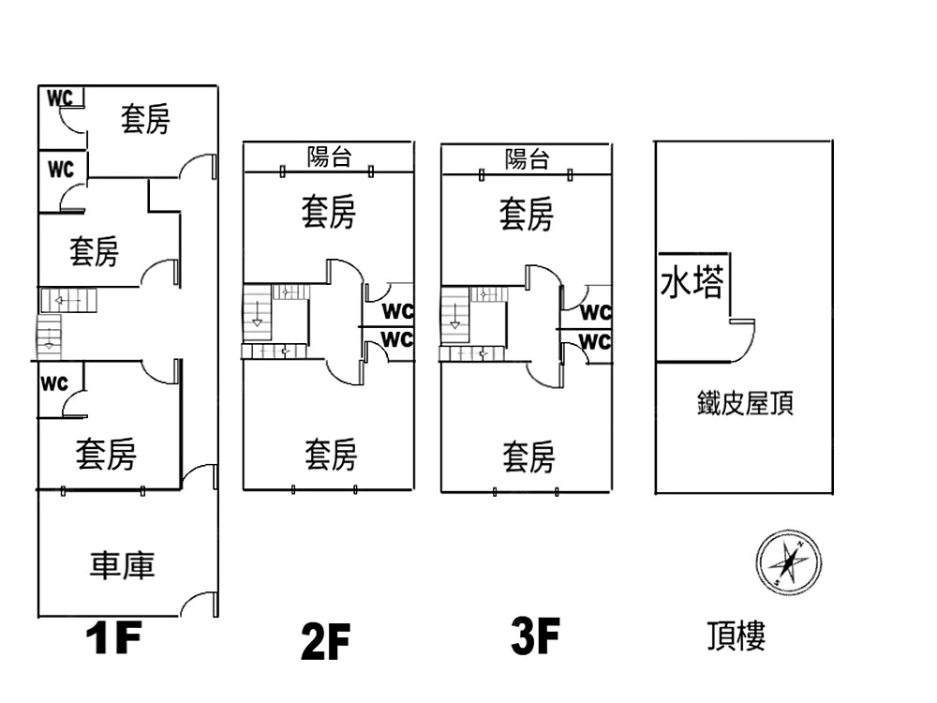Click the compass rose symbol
(x=788, y=563)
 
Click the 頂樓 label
(x=736, y=636)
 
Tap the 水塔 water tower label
(x=692, y=282)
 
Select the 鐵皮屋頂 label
(x=746, y=404)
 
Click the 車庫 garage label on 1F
(x=122, y=565)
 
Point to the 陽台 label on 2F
(x=329, y=157)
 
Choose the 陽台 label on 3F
(x=527, y=158)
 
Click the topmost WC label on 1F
(x=60, y=97)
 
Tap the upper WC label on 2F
(x=398, y=312)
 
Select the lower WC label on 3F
(x=595, y=342)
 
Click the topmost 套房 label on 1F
(x=145, y=119)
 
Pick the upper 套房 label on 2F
(x=328, y=213)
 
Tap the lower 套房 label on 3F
(x=528, y=458)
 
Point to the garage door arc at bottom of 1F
(x=199, y=605)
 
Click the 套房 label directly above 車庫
(x=106, y=455)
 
